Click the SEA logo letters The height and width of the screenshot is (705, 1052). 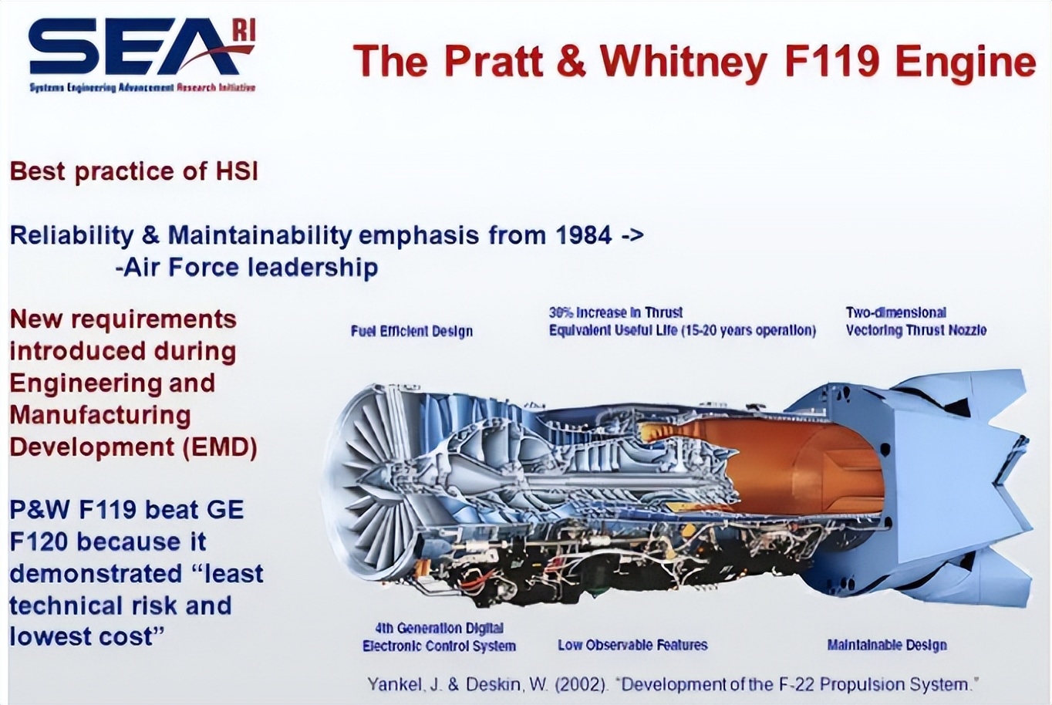click(137, 46)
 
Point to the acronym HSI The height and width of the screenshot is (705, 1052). click(237, 171)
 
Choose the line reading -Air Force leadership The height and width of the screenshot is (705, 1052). click(247, 268)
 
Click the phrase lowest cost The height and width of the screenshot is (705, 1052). click(87, 637)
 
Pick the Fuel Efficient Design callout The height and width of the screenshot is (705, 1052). click(411, 331)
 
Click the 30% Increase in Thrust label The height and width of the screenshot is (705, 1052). click(615, 312)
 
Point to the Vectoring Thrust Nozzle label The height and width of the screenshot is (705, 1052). click(915, 330)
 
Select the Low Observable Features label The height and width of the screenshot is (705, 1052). click(632, 645)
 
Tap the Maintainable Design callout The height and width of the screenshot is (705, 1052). click(887, 645)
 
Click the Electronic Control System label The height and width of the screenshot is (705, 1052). click(439, 646)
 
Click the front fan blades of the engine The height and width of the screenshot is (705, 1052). click(376, 479)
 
